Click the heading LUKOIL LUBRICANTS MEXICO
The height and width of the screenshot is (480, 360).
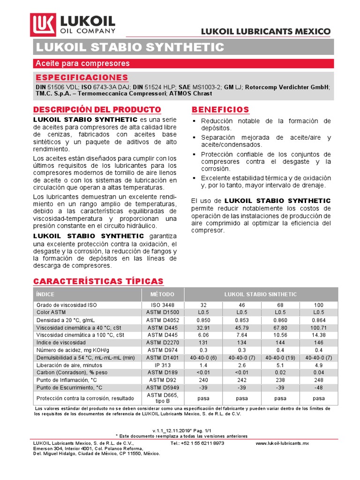click(x=266, y=31)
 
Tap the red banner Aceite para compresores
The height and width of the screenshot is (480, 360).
click(x=82, y=63)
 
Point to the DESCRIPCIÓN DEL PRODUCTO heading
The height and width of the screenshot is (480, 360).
click(x=97, y=110)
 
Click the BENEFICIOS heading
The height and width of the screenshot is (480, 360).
click(x=220, y=110)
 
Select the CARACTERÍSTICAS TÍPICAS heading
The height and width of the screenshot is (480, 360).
click(x=98, y=281)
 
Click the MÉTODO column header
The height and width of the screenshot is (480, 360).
click(x=162, y=294)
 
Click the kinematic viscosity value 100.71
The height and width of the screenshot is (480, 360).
click(x=318, y=327)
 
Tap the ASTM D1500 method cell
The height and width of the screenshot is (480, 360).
click(x=162, y=312)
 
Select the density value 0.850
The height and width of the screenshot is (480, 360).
click(x=203, y=320)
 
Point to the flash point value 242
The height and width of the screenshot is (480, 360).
click(x=242, y=380)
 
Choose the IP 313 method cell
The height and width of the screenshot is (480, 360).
click(x=162, y=365)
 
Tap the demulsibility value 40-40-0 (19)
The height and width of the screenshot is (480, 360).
click(x=280, y=357)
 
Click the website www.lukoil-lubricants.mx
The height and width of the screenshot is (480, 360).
click(x=283, y=443)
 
